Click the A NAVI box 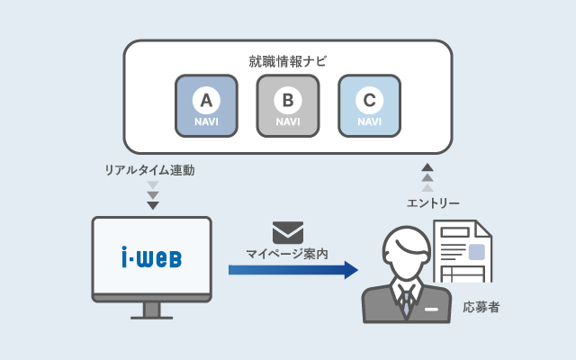(x=207, y=105)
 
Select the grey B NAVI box (x=288, y=105)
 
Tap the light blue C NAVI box (x=369, y=105)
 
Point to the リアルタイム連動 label (x=149, y=169)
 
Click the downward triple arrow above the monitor (x=152, y=195)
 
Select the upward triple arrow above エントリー (x=427, y=177)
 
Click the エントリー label (x=434, y=203)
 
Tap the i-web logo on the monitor (x=151, y=258)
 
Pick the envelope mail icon (x=288, y=232)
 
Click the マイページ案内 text (x=288, y=255)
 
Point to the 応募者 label (x=481, y=308)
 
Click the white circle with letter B (x=288, y=98)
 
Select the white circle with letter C (x=369, y=98)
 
